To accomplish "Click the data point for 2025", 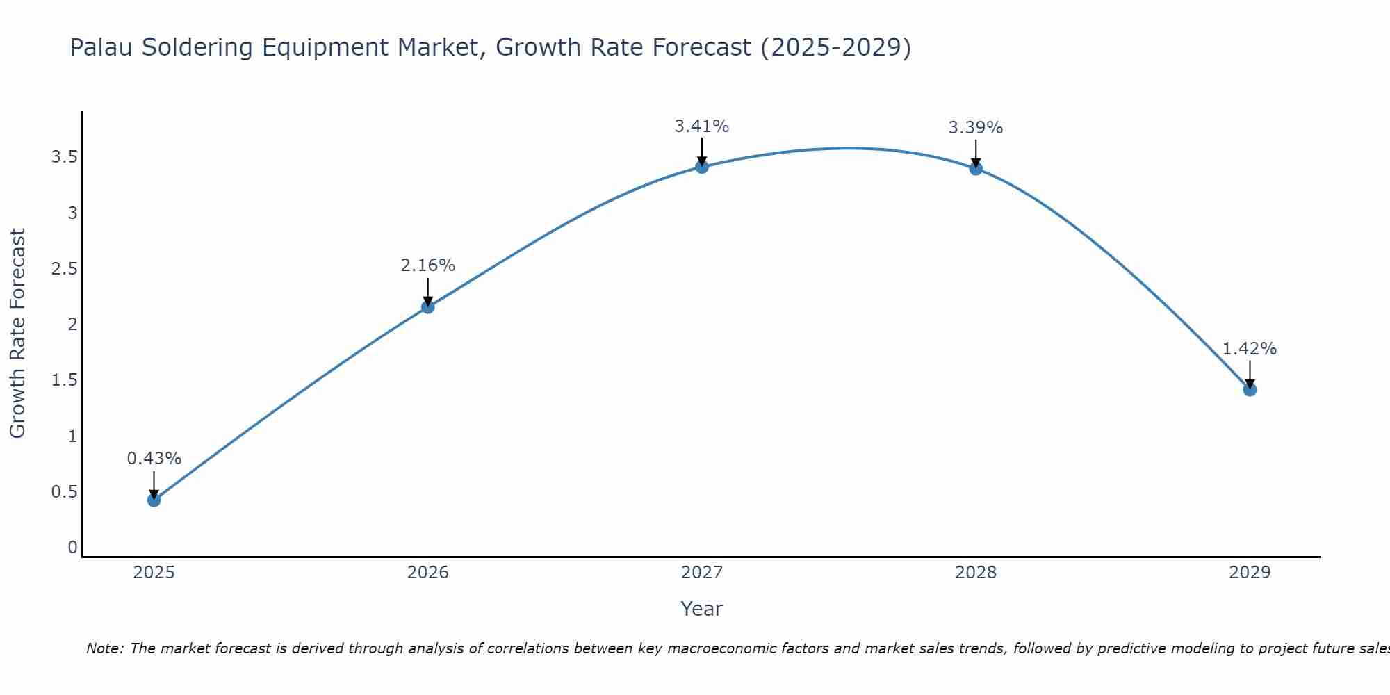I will (154, 500).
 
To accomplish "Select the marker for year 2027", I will (702, 167).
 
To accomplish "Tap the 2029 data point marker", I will (1250, 390).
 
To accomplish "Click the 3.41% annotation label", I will (702, 126).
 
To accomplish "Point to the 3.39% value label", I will (976, 128).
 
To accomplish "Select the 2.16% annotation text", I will (428, 265).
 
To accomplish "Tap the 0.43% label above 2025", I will (154, 459).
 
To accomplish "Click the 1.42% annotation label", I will (1250, 349).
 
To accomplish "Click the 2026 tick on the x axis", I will (428, 573).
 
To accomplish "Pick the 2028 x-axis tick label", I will (976, 573).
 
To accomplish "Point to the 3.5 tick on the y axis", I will (64, 157).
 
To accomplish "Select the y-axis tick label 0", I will (72, 548).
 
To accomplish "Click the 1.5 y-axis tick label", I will (64, 380).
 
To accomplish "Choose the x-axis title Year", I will (702, 609).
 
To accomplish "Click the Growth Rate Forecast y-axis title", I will (17, 334).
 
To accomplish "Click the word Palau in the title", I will (102, 47).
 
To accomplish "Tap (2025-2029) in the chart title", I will (835, 47).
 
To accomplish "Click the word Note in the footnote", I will (104, 648).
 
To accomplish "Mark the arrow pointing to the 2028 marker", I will (976, 153).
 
